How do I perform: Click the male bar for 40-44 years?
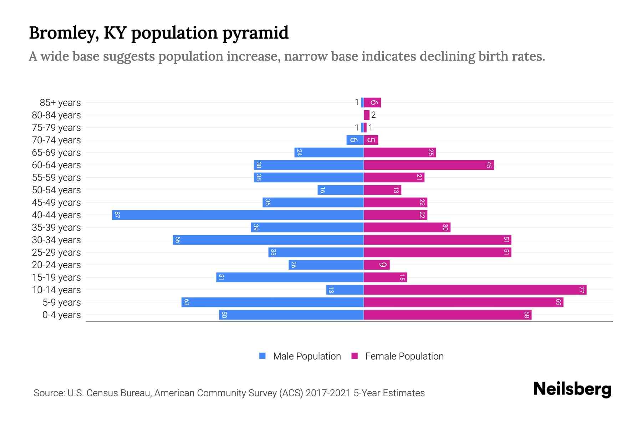coord(238,215)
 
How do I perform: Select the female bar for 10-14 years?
coord(475,290)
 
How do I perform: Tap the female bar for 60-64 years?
coord(429,165)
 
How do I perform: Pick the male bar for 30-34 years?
coord(268,240)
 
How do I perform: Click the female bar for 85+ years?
coord(372,102)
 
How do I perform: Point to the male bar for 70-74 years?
coord(355,140)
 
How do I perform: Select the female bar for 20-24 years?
coord(377,265)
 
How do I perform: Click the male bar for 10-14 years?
coord(345,290)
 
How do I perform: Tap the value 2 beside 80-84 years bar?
coord(373,115)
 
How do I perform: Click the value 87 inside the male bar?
coord(117,215)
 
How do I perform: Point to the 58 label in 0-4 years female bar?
coord(526,315)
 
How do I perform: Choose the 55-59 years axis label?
coord(56,177)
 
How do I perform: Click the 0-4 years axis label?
coord(61,315)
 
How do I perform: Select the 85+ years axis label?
coord(60,102)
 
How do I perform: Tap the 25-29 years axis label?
coord(56,252)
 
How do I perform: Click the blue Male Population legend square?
coord(263,356)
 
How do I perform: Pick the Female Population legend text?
coord(404,356)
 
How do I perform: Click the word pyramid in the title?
coord(255,33)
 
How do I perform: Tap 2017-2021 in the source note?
coord(328,393)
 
